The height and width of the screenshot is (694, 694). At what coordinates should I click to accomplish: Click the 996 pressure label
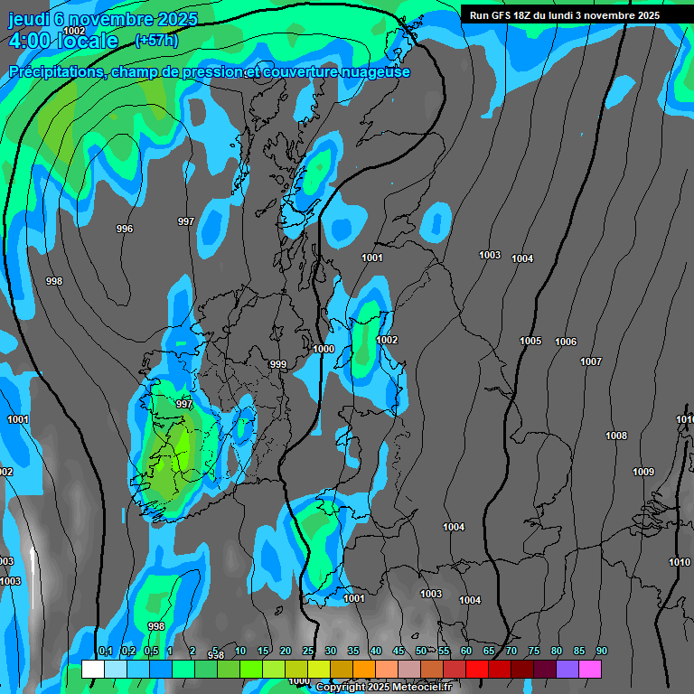(x=125, y=229)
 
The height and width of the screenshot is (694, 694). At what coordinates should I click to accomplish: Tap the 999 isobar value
(x=278, y=364)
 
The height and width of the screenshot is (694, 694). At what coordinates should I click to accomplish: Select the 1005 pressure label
(x=530, y=341)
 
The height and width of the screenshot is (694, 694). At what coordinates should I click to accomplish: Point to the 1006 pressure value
(x=566, y=342)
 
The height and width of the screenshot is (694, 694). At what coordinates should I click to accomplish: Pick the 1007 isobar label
(x=591, y=361)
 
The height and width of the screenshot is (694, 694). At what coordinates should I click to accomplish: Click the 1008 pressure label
(x=616, y=436)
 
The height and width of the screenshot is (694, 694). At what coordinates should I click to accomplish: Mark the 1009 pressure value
(x=643, y=472)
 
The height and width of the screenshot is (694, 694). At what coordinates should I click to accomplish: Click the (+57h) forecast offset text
(x=156, y=40)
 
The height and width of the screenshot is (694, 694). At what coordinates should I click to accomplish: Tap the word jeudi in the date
(x=29, y=19)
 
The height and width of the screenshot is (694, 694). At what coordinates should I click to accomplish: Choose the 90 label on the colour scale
(x=602, y=651)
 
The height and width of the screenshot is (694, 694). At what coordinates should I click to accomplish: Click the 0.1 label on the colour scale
(x=105, y=651)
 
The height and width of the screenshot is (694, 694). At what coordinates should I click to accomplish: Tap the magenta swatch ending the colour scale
(x=590, y=669)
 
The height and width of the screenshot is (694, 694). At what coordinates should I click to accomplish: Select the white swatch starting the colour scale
(x=93, y=669)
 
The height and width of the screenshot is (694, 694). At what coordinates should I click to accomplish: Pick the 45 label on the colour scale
(x=399, y=651)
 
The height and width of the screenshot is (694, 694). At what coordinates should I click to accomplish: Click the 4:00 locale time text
(x=62, y=41)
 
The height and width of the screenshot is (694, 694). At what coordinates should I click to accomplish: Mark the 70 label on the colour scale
(x=511, y=651)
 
